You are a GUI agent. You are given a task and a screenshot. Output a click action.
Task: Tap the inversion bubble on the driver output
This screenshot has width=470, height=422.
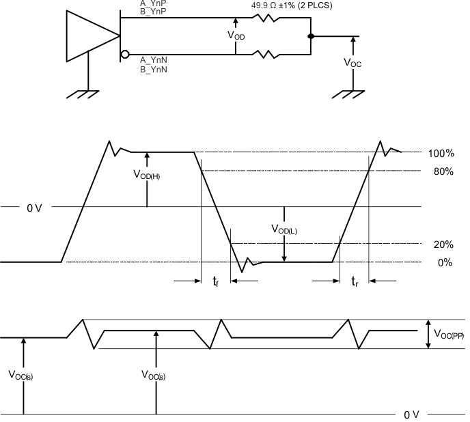[124, 54]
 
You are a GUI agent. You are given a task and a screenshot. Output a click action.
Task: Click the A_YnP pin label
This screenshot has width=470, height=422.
[153, 3]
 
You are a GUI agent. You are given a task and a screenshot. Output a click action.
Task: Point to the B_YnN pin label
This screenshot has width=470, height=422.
[154, 69]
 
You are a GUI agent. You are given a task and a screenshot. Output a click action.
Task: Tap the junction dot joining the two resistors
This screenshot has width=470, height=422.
[311, 36]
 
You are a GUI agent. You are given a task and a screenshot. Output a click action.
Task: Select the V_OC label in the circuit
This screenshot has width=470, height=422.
[352, 62]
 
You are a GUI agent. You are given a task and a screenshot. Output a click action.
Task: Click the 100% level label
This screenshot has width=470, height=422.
[441, 153]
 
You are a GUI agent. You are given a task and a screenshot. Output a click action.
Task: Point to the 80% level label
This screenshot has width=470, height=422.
[443, 171]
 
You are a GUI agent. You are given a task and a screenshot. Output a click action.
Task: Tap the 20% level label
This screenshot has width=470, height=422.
[443, 244]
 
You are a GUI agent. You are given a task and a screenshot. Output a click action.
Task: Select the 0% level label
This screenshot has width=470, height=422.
[445, 262]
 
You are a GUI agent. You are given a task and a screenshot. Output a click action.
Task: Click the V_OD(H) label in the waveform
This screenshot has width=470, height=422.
[147, 175]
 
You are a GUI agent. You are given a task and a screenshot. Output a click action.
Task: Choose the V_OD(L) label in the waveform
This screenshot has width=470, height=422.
[284, 230]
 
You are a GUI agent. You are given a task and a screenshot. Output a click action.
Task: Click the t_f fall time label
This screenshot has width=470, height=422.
[215, 281]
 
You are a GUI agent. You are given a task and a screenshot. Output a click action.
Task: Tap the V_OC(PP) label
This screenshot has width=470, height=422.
[448, 335]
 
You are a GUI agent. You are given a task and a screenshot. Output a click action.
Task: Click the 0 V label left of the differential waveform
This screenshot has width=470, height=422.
[34, 207]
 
